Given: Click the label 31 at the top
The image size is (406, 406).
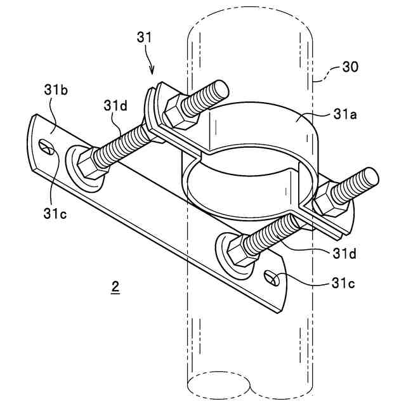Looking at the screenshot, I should pyautogui.click(x=145, y=38).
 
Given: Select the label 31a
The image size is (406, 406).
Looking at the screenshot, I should pyautogui.click(x=346, y=115).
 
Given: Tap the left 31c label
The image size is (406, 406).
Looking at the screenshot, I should pyautogui.click(x=56, y=213).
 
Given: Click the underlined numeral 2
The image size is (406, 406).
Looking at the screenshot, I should pyautogui.click(x=115, y=287).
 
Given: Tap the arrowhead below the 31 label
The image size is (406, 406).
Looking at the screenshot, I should pyautogui.click(x=153, y=72).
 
